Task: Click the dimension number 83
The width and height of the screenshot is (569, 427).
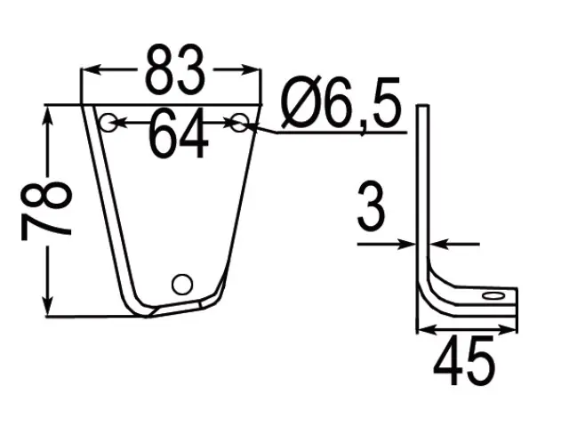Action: [x=175, y=69]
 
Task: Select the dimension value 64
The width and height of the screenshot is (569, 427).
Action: [x=179, y=134]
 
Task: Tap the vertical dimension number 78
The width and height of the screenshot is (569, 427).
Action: [x=46, y=212]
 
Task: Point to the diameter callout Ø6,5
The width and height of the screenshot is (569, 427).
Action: [x=341, y=104]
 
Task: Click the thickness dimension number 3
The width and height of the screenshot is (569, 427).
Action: [x=370, y=206]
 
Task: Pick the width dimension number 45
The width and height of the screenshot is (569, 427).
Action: [x=464, y=360]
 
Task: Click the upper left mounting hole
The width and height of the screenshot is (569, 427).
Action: [x=108, y=123]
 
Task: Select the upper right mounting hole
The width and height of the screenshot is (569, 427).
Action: [x=239, y=123]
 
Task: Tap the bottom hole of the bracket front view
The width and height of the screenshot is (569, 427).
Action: [x=181, y=285]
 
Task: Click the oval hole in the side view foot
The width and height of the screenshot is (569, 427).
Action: [x=493, y=295]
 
